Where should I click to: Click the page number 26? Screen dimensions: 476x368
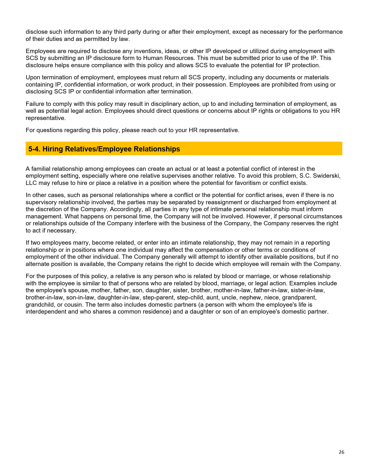tap(341, 452)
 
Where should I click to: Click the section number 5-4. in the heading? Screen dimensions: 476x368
tap(34, 149)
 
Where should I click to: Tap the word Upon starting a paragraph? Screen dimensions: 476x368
tap(33, 77)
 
